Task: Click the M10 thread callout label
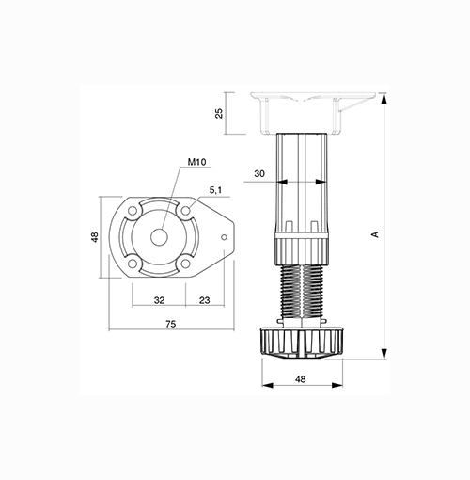point(196,162)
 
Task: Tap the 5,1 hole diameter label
point(215,190)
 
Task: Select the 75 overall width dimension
point(171,324)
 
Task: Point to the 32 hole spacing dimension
point(159,300)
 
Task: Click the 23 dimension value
point(204,300)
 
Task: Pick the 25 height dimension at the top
point(219,113)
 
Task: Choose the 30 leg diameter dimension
point(259,173)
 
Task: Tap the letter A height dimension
point(375,234)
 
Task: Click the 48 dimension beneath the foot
point(300,379)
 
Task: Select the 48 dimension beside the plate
point(94,237)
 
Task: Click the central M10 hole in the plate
point(159,237)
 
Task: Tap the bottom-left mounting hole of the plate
point(133,264)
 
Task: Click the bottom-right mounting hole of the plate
point(186,264)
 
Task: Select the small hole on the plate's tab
point(224,237)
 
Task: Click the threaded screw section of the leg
point(302,292)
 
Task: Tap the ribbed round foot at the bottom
point(302,343)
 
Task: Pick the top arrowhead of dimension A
point(384,98)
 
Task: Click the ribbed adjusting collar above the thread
point(302,249)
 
